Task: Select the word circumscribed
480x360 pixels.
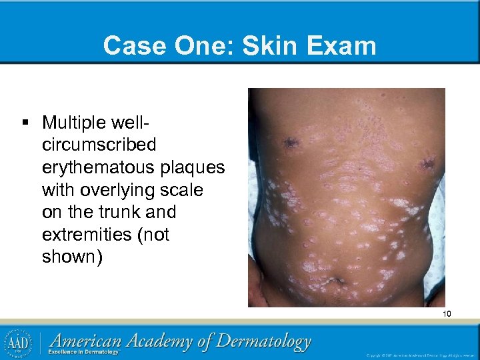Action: tap(99, 145)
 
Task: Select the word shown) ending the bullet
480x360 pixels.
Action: tap(73, 257)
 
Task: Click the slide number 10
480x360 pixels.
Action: tap(447, 313)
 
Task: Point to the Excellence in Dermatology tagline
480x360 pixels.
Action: tap(87, 352)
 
